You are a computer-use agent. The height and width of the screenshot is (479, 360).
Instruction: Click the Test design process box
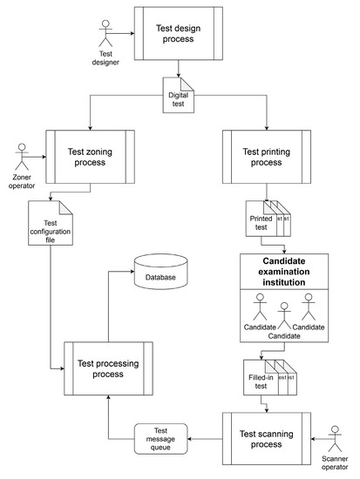178,34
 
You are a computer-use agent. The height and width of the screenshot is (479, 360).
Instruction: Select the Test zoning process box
87,156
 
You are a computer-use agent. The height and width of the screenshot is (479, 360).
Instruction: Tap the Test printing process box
266,156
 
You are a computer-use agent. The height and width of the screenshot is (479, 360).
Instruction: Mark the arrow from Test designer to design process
124,35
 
